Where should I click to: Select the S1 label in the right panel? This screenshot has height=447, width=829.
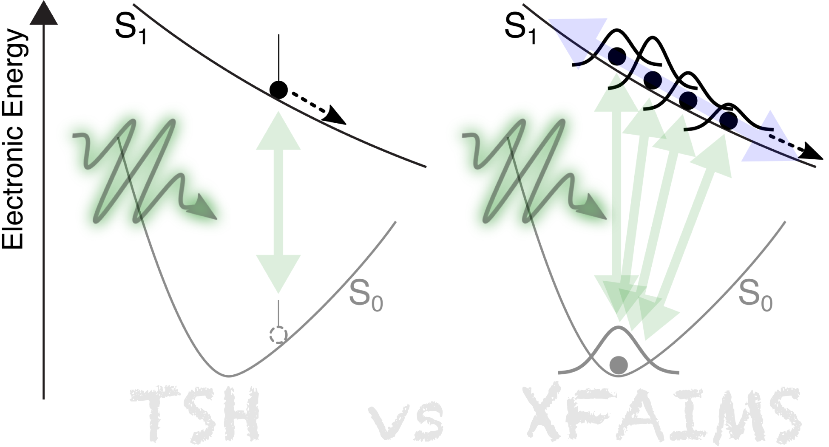coord(520,29)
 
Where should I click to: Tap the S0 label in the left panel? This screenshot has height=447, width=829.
coord(366,295)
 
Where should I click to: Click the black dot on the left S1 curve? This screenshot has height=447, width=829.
coord(278,89)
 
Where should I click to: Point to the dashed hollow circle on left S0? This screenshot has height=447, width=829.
coord(278,335)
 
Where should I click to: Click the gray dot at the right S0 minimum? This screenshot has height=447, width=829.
coord(619,365)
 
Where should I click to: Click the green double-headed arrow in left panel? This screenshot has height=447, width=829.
coord(278,202)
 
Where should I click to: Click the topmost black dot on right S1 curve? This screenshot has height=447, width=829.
coord(617,56)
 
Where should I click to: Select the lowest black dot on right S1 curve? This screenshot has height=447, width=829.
coord(728,121)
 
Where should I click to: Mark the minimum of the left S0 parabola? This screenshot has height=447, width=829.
coord(229,376)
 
